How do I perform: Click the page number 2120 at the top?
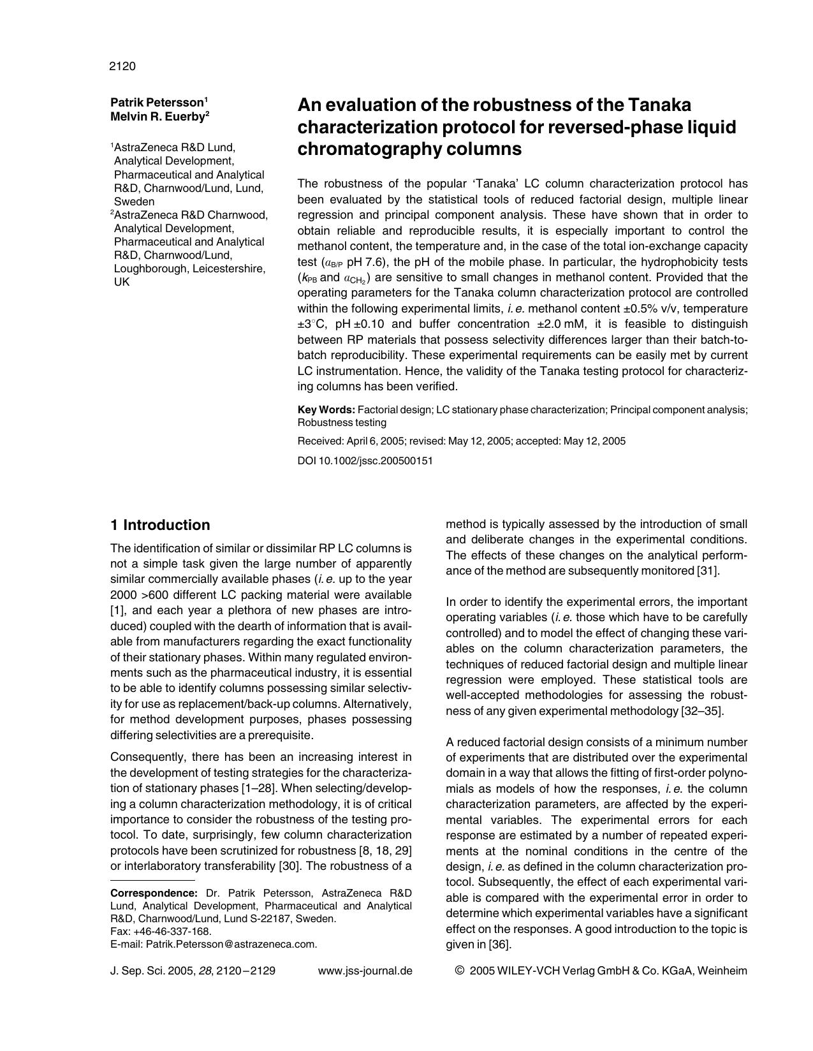tap(122, 66)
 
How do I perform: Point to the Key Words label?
tap(326, 409)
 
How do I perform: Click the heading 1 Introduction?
tap(160, 525)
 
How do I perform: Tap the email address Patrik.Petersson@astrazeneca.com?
tap(231, 944)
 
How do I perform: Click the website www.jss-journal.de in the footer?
tap(365, 971)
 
